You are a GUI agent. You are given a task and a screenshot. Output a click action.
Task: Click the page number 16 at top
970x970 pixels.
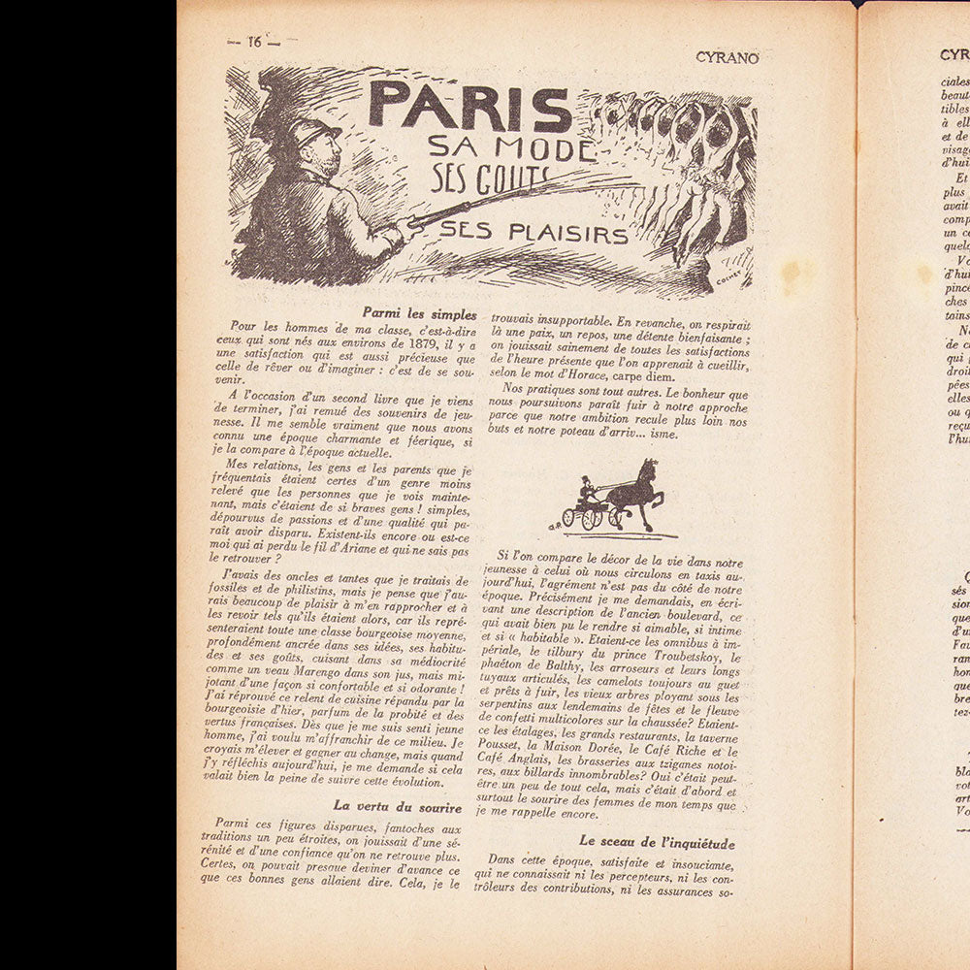point(255,42)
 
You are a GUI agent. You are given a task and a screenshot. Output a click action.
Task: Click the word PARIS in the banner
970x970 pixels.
point(469,107)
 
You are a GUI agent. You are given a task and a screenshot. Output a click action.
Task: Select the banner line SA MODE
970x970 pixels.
point(510,149)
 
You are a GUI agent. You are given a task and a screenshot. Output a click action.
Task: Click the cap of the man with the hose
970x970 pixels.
point(314,130)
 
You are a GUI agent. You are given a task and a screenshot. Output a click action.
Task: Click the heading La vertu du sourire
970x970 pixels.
point(404,805)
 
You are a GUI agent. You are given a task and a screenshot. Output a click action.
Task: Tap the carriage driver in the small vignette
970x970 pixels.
point(586,492)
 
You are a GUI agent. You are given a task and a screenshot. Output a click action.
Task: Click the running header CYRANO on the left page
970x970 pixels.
point(727,57)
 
